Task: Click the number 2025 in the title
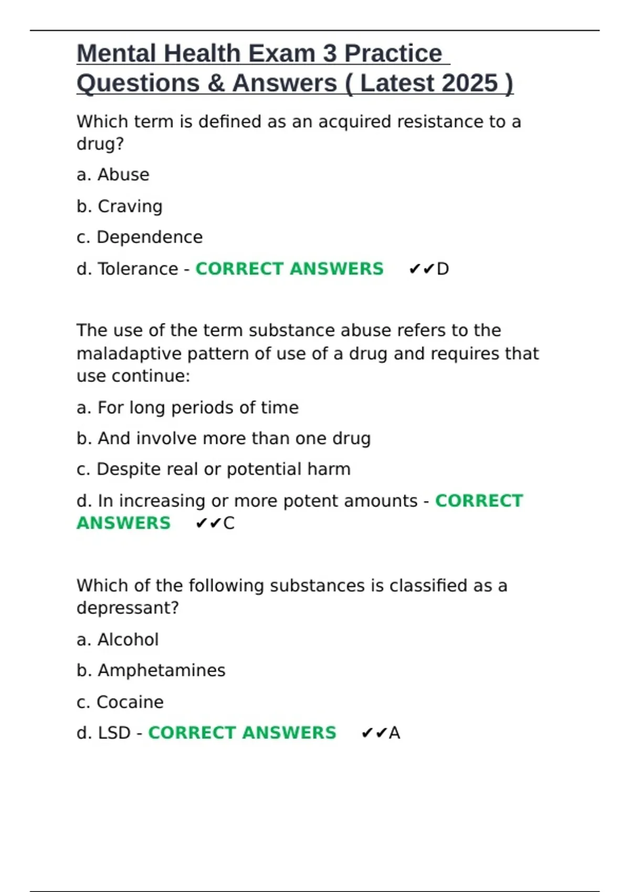coord(469,83)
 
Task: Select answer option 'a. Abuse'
coord(113,175)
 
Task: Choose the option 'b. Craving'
coord(119,206)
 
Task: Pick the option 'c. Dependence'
coord(139,237)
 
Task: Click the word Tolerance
coord(138,269)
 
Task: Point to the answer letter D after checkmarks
coord(443,269)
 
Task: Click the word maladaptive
coord(129,354)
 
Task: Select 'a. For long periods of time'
coord(187,408)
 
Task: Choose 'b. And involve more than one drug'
coord(224,439)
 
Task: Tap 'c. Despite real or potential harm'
coord(213,469)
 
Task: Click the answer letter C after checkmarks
coord(229,523)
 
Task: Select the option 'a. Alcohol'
coord(118,640)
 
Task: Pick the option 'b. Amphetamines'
coord(151,671)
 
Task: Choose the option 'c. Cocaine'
coord(120,702)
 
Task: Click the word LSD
coord(114,733)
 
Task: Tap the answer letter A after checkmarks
coord(395,733)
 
